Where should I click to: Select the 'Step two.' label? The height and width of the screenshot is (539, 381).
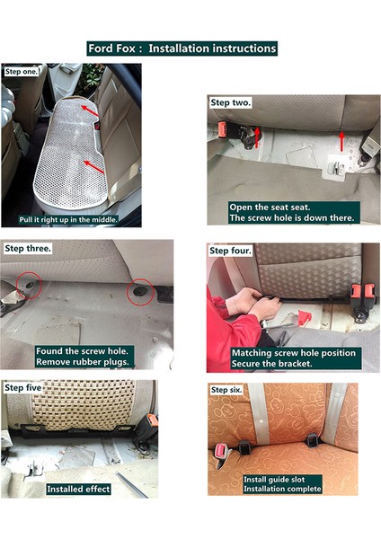tap(231, 103)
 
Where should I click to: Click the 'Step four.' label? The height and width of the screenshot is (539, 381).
tap(231, 251)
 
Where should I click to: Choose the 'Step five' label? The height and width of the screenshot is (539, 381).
tap(24, 387)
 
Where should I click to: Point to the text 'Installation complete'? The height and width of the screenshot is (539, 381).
tap(286, 490)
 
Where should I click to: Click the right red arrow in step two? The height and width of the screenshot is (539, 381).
tap(341, 139)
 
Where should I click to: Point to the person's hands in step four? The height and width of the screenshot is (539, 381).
tap(246, 308)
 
